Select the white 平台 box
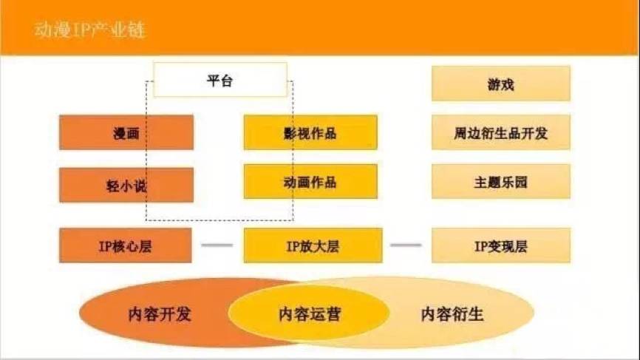(219, 80)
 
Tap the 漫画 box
(126, 133)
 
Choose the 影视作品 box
(310, 133)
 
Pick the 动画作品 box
(310, 182)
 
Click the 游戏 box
(500, 84)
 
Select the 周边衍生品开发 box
(500, 133)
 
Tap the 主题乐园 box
(500, 182)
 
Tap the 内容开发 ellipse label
(159, 313)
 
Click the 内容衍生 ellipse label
(452, 313)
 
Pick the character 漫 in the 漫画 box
(119, 133)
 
